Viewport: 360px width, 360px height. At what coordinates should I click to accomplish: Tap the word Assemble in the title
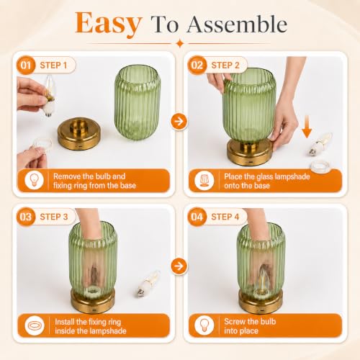click(x=237, y=24)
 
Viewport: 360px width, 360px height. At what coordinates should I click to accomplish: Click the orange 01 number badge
click(x=26, y=65)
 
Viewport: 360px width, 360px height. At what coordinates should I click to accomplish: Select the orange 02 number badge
click(x=197, y=65)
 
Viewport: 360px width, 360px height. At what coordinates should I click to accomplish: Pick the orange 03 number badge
click(x=26, y=217)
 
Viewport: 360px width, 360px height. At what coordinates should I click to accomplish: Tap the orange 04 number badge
click(x=197, y=217)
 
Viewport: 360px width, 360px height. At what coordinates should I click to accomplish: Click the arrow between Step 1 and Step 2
click(x=179, y=122)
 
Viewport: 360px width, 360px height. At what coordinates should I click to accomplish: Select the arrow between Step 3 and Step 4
click(x=179, y=266)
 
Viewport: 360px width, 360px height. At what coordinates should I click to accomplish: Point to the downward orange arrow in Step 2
click(x=307, y=127)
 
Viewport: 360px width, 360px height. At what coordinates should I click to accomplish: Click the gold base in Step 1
click(x=79, y=134)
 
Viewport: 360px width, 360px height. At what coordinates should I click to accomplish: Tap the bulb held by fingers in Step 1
click(x=50, y=96)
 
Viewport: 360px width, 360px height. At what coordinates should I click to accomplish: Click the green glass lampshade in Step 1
click(x=138, y=103)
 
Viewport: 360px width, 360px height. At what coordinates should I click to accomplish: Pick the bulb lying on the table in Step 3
click(x=148, y=283)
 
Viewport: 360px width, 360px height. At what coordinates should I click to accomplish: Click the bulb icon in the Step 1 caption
click(x=34, y=181)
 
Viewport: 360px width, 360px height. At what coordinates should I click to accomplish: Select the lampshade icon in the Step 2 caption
click(x=204, y=181)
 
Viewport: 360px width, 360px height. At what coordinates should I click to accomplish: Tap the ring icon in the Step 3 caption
click(x=35, y=325)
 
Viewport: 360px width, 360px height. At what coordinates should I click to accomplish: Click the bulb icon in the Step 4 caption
click(x=204, y=325)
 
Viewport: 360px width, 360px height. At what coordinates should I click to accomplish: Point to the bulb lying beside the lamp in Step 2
click(x=320, y=143)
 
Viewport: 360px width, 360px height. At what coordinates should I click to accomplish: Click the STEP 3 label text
click(x=54, y=217)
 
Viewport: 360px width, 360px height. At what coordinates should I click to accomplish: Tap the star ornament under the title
click(x=180, y=44)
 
